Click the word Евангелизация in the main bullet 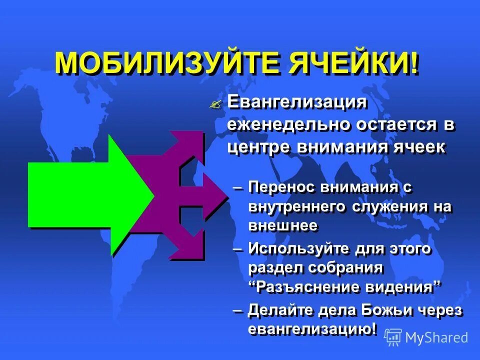tap(297, 102)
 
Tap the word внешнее tap(282, 225)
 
